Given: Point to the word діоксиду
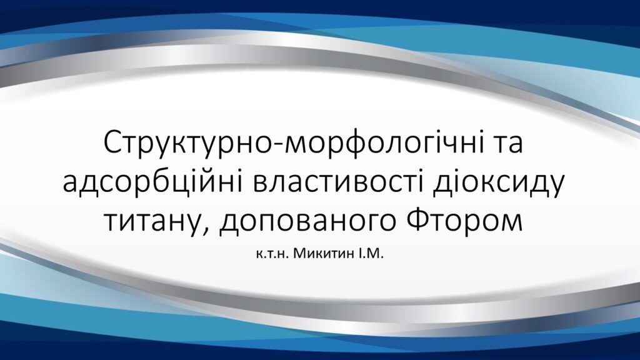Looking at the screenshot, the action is (x=498, y=183).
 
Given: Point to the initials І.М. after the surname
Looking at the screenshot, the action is (x=371, y=254).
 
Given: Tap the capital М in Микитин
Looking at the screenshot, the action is (x=299, y=254).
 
